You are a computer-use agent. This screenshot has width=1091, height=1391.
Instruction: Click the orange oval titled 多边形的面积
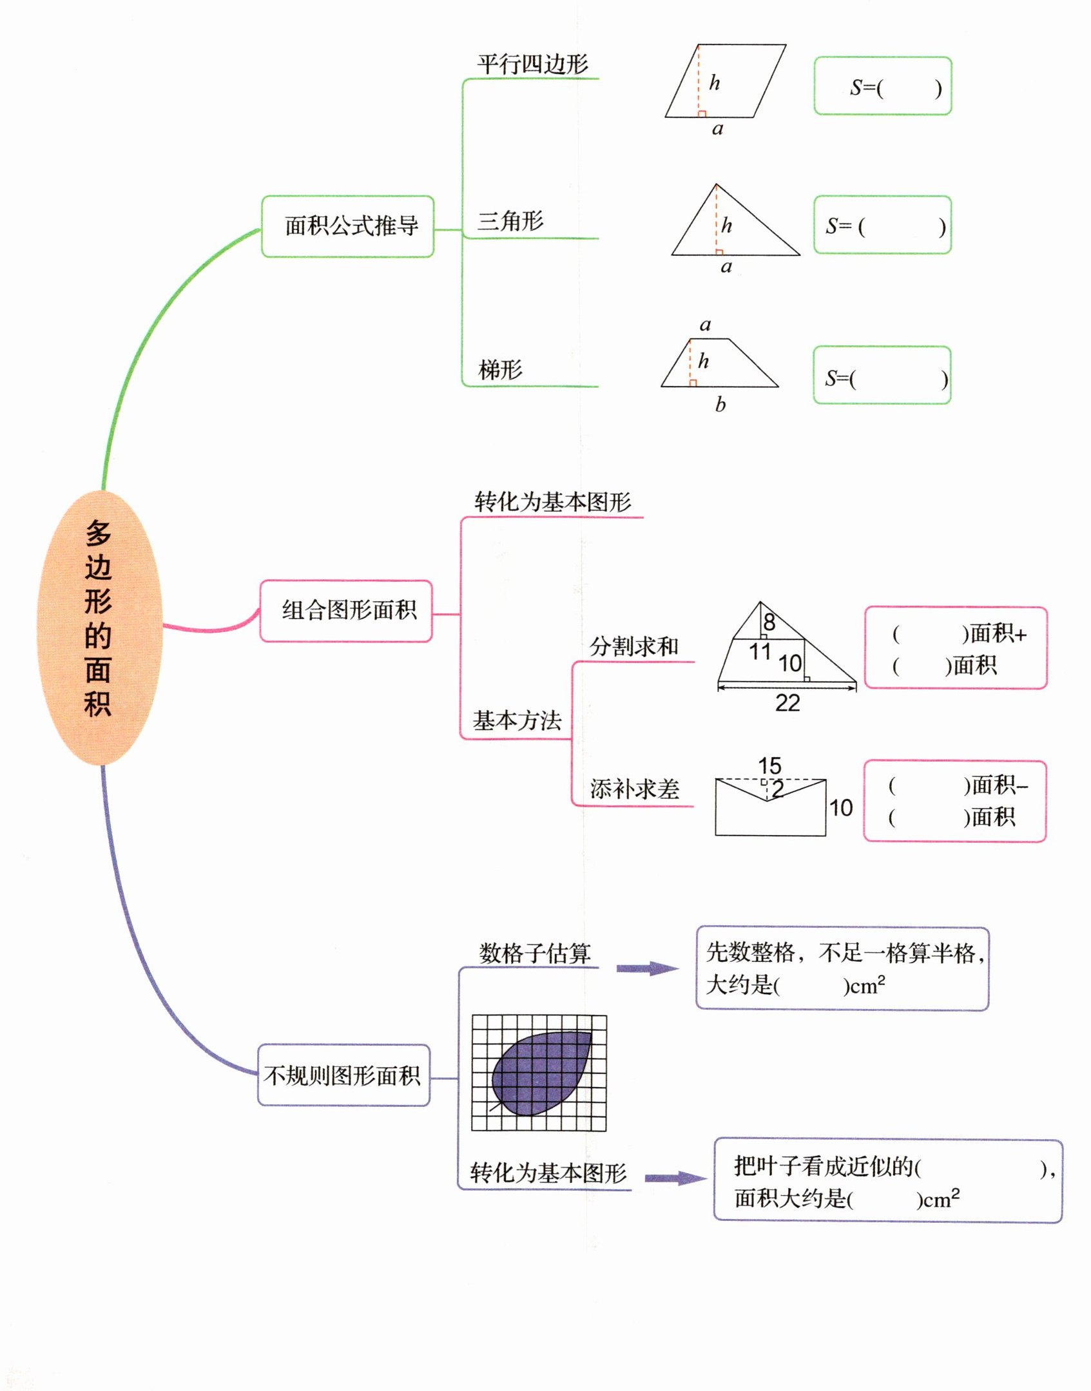100,628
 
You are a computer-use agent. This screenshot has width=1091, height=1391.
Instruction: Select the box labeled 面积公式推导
347,226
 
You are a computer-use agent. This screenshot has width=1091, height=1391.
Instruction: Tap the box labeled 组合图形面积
346,611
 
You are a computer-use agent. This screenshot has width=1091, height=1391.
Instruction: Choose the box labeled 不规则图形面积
343,1075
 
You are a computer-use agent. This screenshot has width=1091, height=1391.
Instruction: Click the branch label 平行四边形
532,64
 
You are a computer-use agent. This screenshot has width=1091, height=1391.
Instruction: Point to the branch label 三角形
510,221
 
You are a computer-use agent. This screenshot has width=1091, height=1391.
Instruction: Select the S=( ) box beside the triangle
882,225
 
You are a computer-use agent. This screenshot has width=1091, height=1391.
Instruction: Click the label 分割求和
634,646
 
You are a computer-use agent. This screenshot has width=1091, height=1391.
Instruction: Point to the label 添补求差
635,789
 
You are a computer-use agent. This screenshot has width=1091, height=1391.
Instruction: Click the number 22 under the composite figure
787,703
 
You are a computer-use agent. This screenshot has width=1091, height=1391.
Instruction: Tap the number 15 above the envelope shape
769,765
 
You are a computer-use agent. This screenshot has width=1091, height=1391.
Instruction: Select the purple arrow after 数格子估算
646,968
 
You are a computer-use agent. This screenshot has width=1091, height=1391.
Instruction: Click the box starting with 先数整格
842,969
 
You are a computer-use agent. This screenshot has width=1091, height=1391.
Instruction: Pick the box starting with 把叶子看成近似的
887,1180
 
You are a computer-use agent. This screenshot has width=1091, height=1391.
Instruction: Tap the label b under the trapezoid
720,405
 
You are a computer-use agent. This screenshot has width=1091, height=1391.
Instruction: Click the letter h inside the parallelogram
715,82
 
